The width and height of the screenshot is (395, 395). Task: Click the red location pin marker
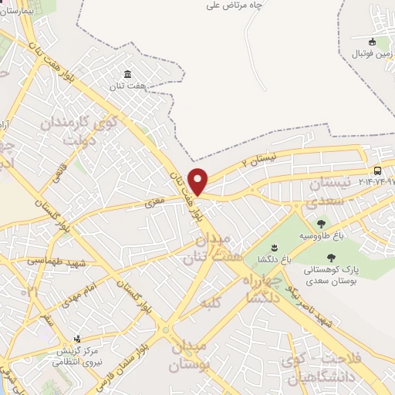pos(198,181)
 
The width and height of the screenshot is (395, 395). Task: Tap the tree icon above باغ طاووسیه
pos(321,223)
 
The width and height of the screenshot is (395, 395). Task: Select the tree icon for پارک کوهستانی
pos(332,258)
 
